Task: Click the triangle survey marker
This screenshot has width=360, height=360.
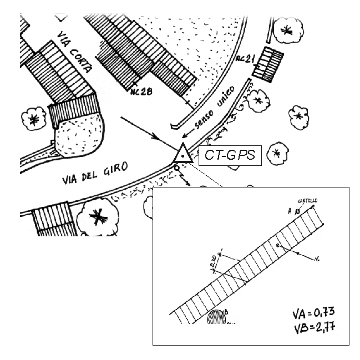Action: click(x=182, y=154)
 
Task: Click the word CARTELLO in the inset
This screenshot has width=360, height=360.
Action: click(x=308, y=200)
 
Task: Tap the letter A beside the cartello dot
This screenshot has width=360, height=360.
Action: click(x=290, y=211)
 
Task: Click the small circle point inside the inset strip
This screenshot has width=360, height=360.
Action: click(x=278, y=245)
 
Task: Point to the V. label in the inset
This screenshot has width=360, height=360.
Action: click(x=317, y=258)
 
